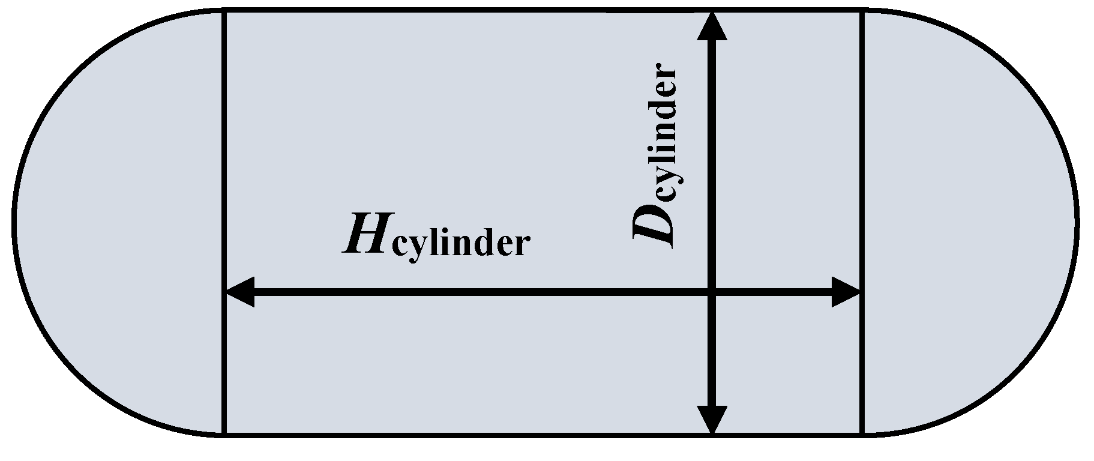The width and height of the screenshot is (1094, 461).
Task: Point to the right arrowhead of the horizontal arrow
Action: tap(847, 292)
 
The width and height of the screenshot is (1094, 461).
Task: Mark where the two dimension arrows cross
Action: tap(712, 292)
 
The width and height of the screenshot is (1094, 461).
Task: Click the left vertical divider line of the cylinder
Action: tap(224, 150)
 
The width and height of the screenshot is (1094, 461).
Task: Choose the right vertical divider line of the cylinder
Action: tap(862, 150)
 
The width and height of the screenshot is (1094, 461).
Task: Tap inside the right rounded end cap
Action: tap(966, 222)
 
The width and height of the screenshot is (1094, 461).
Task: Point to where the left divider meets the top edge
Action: tap(224, 10)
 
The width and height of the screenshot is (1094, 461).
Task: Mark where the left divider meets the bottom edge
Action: tap(224, 433)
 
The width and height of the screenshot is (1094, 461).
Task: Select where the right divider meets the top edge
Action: tap(862, 10)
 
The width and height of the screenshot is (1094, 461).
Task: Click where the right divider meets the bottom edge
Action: tap(862, 433)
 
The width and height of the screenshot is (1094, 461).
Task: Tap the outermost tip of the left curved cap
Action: tap(14, 221)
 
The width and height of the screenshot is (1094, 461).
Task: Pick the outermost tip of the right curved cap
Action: tap(1077, 221)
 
